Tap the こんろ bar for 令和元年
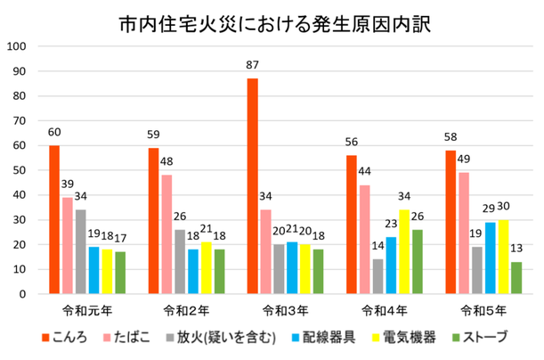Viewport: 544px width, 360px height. coord(54,219)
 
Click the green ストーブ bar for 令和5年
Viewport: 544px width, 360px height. coord(517,277)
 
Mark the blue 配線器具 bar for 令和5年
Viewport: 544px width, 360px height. coord(490,258)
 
